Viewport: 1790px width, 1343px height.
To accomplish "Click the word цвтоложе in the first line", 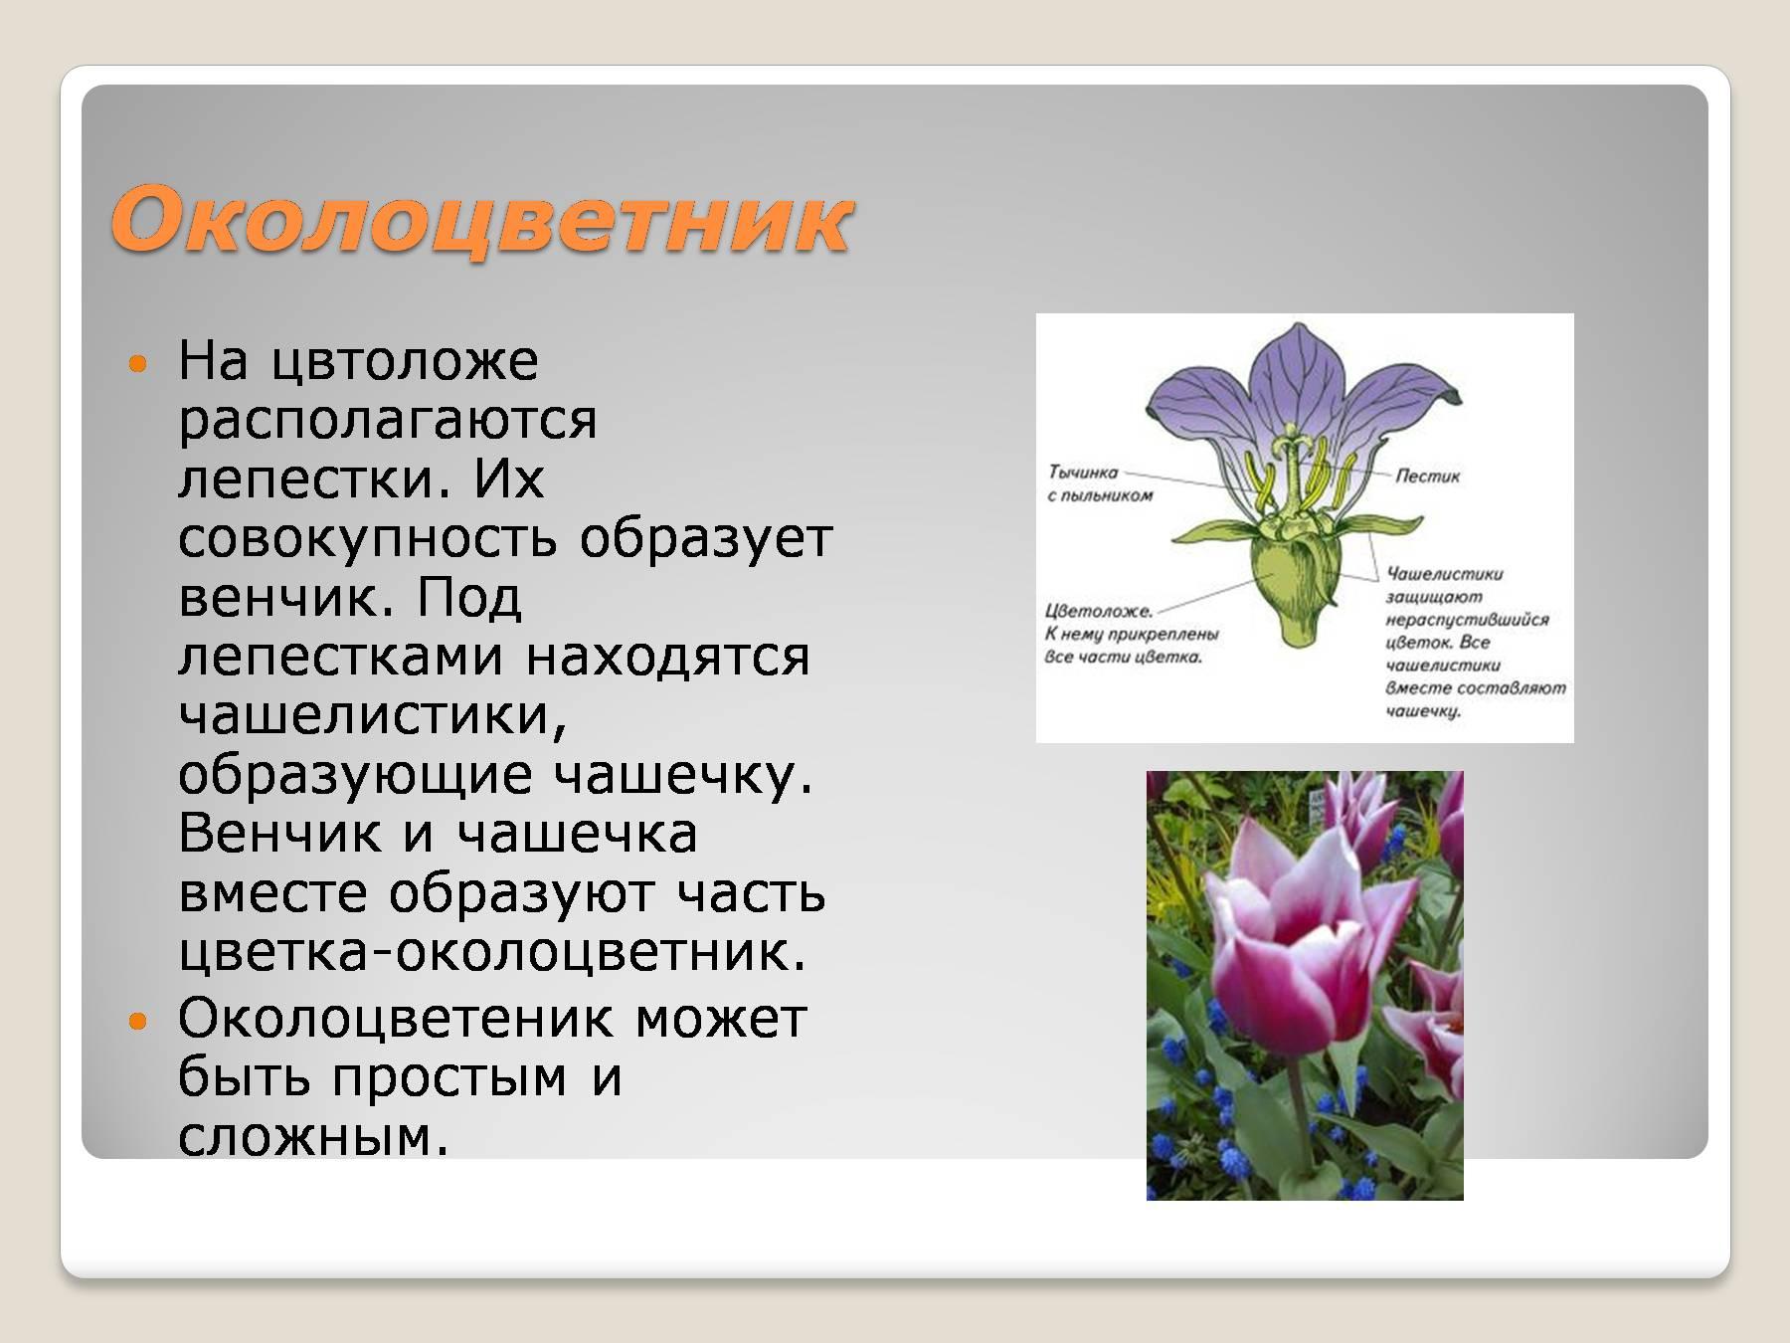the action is (405, 360).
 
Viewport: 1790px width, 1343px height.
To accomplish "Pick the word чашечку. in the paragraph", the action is (683, 775).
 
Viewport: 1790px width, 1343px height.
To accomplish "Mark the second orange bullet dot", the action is (138, 1021).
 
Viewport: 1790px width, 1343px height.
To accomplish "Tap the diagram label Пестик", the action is (1427, 477).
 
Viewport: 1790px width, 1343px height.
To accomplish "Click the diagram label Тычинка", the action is (1083, 473).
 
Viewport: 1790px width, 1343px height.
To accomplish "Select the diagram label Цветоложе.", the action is (1098, 612).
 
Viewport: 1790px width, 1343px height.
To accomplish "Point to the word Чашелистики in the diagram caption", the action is (1445, 574).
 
